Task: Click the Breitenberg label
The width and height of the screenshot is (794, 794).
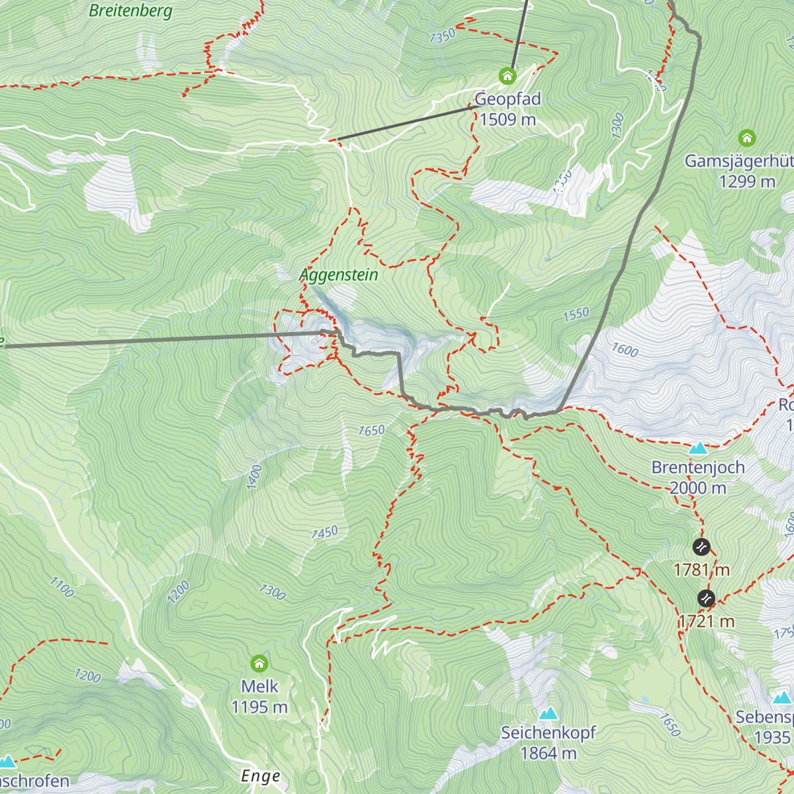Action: [x=130, y=11]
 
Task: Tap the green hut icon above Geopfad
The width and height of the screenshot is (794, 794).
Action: [x=507, y=76]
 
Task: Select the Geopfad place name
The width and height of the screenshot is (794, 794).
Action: [x=507, y=99]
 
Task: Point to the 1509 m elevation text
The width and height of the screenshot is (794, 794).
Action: [x=507, y=120]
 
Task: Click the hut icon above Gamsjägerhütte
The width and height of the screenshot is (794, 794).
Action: [x=746, y=138]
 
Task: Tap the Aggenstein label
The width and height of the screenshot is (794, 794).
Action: [x=339, y=275]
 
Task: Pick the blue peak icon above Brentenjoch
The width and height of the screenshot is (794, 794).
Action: [x=698, y=449]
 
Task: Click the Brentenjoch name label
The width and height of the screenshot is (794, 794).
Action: [x=698, y=468]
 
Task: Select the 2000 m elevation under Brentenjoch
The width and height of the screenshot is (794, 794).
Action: [x=698, y=488]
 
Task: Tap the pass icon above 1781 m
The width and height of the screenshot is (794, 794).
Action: [x=701, y=547]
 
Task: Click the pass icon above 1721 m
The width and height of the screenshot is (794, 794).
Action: [x=706, y=599]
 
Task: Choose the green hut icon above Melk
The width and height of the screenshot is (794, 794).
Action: [x=259, y=663]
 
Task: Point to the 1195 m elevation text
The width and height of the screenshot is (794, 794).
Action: [x=259, y=707]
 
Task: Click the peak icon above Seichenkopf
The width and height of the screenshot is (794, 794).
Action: [x=548, y=713]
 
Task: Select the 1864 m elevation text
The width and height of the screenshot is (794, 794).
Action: [x=548, y=754]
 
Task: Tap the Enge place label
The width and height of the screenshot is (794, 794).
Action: [x=261, y=776]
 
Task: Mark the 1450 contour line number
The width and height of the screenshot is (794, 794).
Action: [x=324, y=532]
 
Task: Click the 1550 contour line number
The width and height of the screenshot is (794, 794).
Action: [x=576, y=314]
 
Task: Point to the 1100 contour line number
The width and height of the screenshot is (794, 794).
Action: [x=62, y=587]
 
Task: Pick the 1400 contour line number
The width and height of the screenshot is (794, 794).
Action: [x=255, y=477]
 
